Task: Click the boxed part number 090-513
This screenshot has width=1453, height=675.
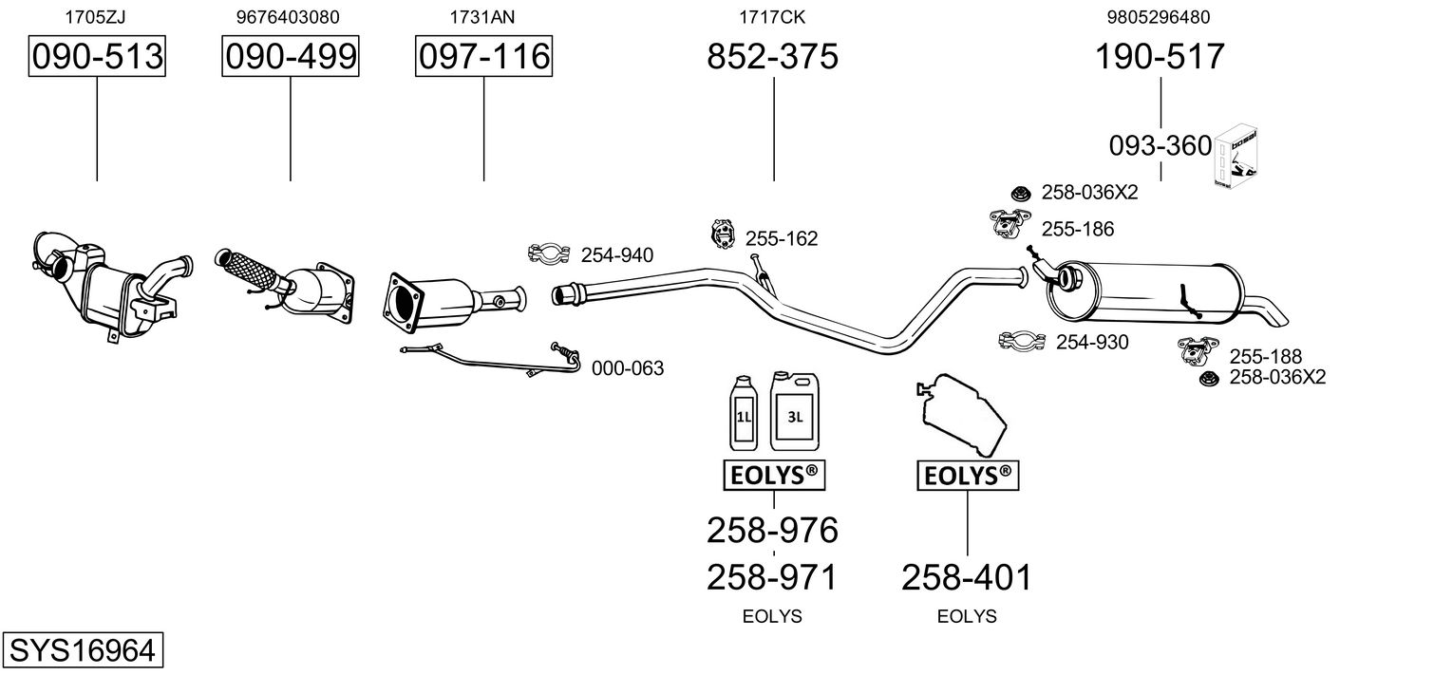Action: point(96,57)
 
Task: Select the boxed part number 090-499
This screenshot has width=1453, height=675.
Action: point(291,57)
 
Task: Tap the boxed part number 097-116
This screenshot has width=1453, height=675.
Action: point(483,57)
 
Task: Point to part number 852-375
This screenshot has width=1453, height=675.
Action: point(772,57)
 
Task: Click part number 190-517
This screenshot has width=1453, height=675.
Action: point(1160,57)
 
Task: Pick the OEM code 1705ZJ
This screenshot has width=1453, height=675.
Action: point(95,16)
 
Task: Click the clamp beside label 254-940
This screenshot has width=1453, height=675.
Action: point(548,253)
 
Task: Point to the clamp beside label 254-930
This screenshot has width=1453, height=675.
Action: point(1023,341)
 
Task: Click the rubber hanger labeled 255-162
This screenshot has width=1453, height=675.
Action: point(723,234)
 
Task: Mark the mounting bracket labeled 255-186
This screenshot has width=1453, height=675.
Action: point(1006,224)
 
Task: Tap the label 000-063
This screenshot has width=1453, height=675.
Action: point(628,368)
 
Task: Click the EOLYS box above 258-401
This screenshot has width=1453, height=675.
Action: point(967,477)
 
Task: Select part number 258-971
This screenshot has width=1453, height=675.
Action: point(772,576)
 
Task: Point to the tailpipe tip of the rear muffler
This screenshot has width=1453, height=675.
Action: point(1274,310)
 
